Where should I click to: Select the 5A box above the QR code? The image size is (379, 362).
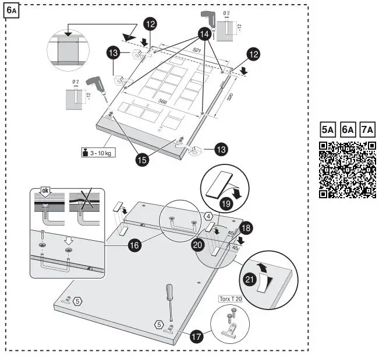pos(327,129)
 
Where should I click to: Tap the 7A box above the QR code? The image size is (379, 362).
pos(367,129)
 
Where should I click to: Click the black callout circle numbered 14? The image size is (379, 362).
pos(204,34)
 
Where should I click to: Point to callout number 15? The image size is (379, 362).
pos(141,157)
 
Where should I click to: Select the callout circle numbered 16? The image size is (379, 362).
pos(134,246)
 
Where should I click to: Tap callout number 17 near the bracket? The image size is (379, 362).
pos(196,336)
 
